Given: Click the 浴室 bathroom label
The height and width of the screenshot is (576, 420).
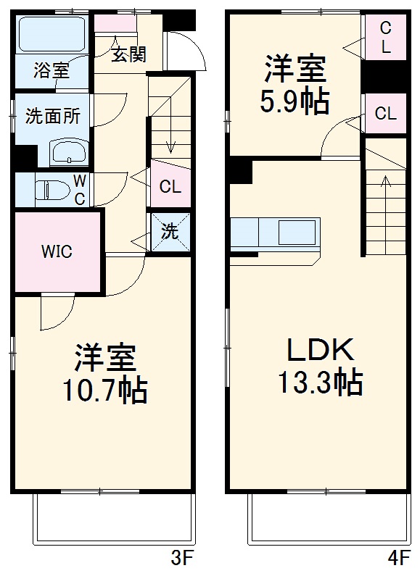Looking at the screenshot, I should [52, 70].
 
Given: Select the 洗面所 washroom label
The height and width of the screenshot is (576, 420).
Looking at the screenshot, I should [48, 116].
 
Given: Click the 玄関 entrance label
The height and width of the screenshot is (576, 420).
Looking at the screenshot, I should [128, 55].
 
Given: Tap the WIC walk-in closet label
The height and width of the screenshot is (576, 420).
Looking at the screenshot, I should [56, 252].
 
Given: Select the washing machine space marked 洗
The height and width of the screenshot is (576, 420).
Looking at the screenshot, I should [169, 232].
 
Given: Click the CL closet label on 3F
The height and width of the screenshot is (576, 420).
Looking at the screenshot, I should [170, 187].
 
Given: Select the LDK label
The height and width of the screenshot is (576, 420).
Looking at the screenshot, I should [318, 351].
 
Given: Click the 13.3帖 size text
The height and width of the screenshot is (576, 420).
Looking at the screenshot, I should [318, 382].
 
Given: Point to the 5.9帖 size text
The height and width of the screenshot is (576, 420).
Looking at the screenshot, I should [295, 102].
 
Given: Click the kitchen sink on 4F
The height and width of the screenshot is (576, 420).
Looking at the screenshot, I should [299, 233].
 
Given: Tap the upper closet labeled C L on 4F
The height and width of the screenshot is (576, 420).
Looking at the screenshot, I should [385, 38].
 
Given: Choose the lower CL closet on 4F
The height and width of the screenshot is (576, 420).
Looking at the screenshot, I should [385, 114].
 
